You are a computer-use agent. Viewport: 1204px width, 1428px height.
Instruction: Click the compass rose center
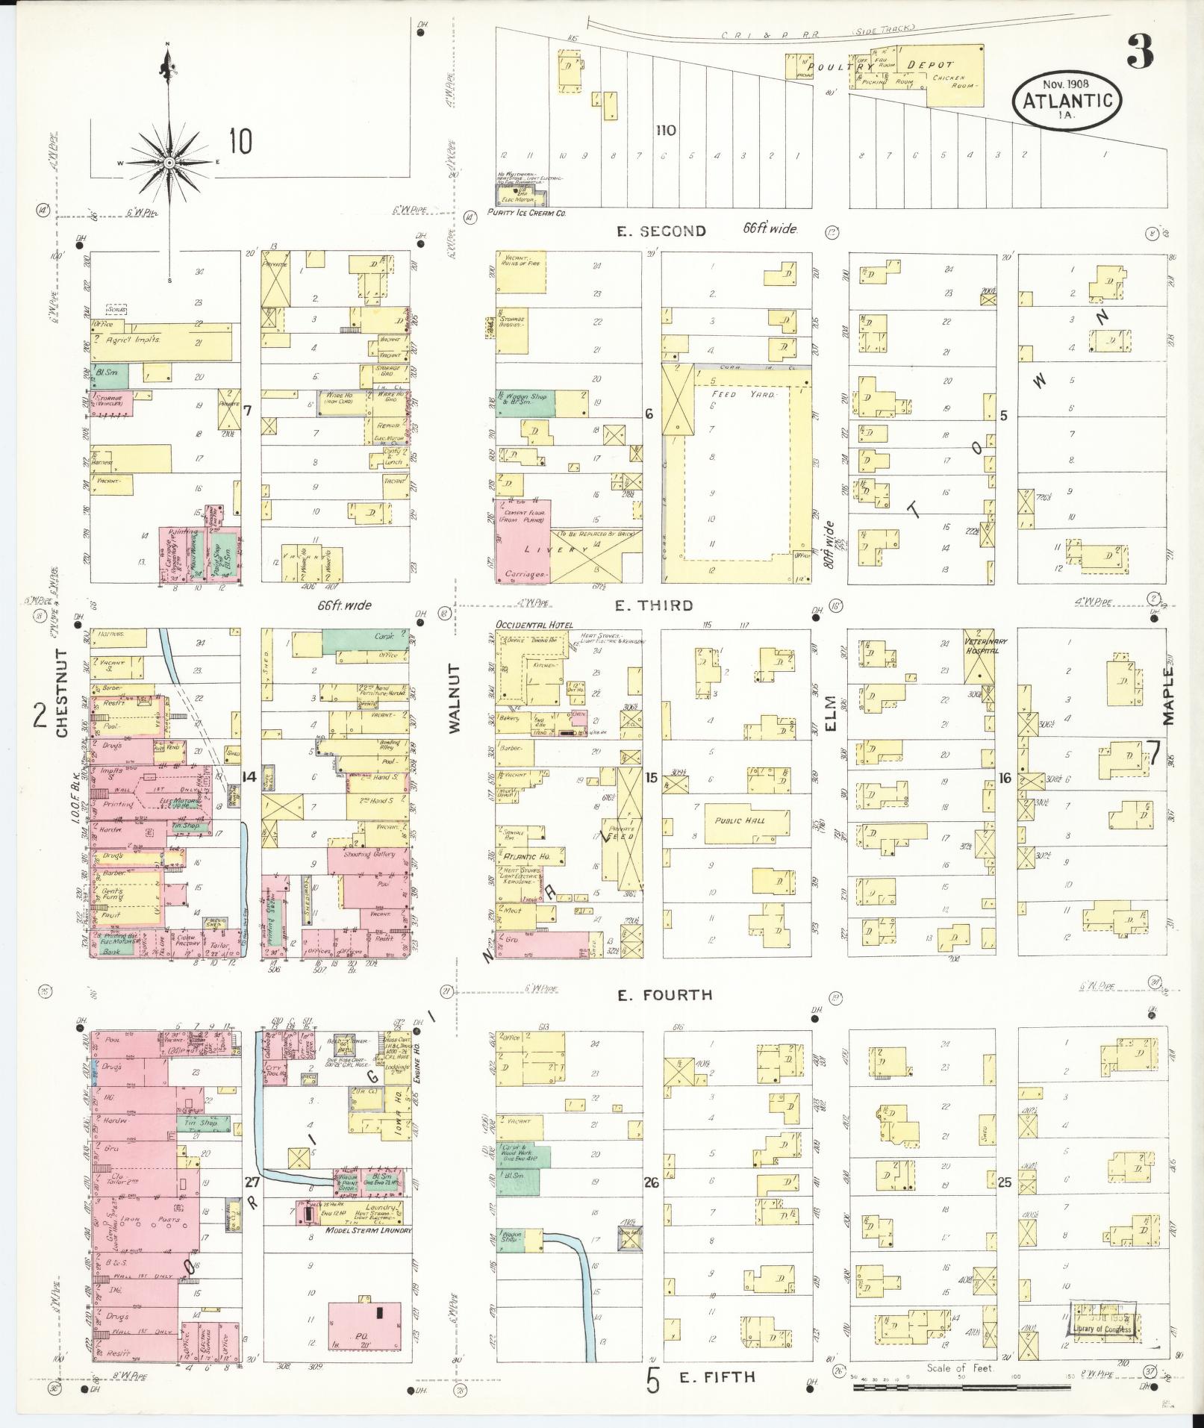point(169,162)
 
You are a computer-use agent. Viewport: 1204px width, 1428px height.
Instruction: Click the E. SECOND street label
point(661,231)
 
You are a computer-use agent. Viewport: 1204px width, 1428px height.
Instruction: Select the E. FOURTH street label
point(664,994)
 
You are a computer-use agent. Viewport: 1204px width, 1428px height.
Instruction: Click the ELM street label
point(832,714)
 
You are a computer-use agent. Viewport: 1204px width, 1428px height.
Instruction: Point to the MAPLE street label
point(1168,695)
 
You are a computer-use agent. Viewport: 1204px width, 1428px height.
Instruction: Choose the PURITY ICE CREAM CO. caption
point(526,213)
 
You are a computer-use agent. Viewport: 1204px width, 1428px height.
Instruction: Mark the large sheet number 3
point(1139,50)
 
